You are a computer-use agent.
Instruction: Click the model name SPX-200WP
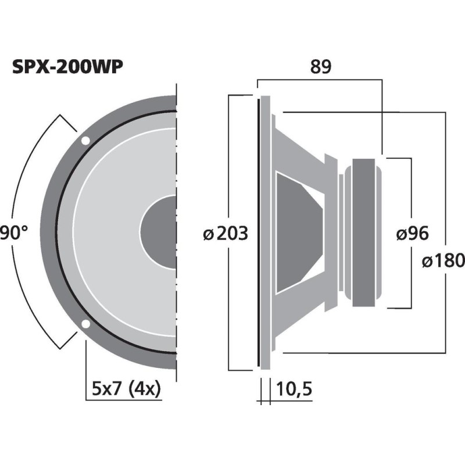click(68, 68)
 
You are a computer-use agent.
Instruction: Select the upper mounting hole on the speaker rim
click(85, 141)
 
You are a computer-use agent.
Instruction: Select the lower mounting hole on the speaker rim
click(85, 324)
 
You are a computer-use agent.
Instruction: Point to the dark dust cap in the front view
click(159, 233)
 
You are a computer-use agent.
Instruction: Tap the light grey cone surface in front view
click(105, 233)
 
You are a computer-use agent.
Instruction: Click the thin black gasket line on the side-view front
click(257, 233)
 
